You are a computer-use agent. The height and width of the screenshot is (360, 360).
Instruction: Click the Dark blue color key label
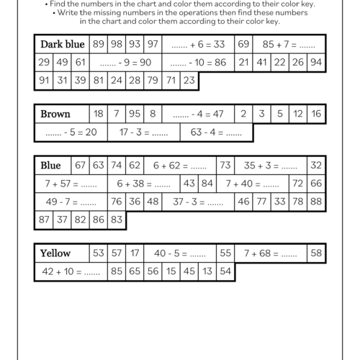(63, 44)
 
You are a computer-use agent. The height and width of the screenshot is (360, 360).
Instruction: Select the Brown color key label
(55, 114)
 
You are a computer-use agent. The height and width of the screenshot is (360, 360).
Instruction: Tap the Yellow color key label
(55, 253)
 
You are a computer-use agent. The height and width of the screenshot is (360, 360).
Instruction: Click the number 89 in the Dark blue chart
(99, 44)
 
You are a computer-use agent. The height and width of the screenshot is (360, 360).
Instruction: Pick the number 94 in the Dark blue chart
(315, 62)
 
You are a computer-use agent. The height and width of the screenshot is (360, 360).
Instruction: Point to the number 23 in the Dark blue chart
(189, 80)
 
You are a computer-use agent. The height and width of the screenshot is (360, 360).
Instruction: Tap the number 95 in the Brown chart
(135, 114)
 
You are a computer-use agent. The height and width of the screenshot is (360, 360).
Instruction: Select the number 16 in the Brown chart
(315, 114)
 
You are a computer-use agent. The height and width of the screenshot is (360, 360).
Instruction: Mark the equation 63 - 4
(217, 132)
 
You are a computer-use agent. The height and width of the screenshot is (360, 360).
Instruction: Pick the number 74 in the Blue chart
(117, 166)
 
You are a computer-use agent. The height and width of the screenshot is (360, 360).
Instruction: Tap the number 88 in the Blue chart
(315, 202)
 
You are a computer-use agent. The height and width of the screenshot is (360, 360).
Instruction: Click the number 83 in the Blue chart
(117, 220)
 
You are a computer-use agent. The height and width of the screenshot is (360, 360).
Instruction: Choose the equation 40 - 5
(180, 253)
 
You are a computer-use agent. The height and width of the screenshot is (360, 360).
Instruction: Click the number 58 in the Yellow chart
(315, 253)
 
